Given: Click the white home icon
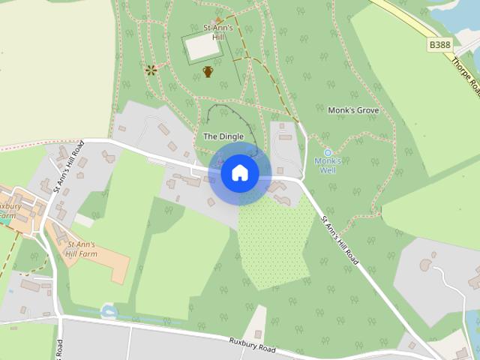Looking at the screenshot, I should tap(239, 173).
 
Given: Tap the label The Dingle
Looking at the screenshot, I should tap(223, 136).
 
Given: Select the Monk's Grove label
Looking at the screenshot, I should tap(353, 110).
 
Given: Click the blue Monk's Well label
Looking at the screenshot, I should tap(328, 165).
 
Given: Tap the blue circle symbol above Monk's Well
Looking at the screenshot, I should tap(328, 152).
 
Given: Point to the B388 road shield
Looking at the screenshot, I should tap(440, 46).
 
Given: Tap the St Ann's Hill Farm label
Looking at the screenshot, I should tap(82, 249).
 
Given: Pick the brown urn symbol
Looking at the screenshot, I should tap(208, 72).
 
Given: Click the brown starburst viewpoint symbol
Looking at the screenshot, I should tap(152, 71).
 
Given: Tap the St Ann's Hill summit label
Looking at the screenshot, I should tap(219, 32).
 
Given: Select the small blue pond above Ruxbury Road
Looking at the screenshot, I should tap(109, 311).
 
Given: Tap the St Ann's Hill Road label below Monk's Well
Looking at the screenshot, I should tap(340, 241).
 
